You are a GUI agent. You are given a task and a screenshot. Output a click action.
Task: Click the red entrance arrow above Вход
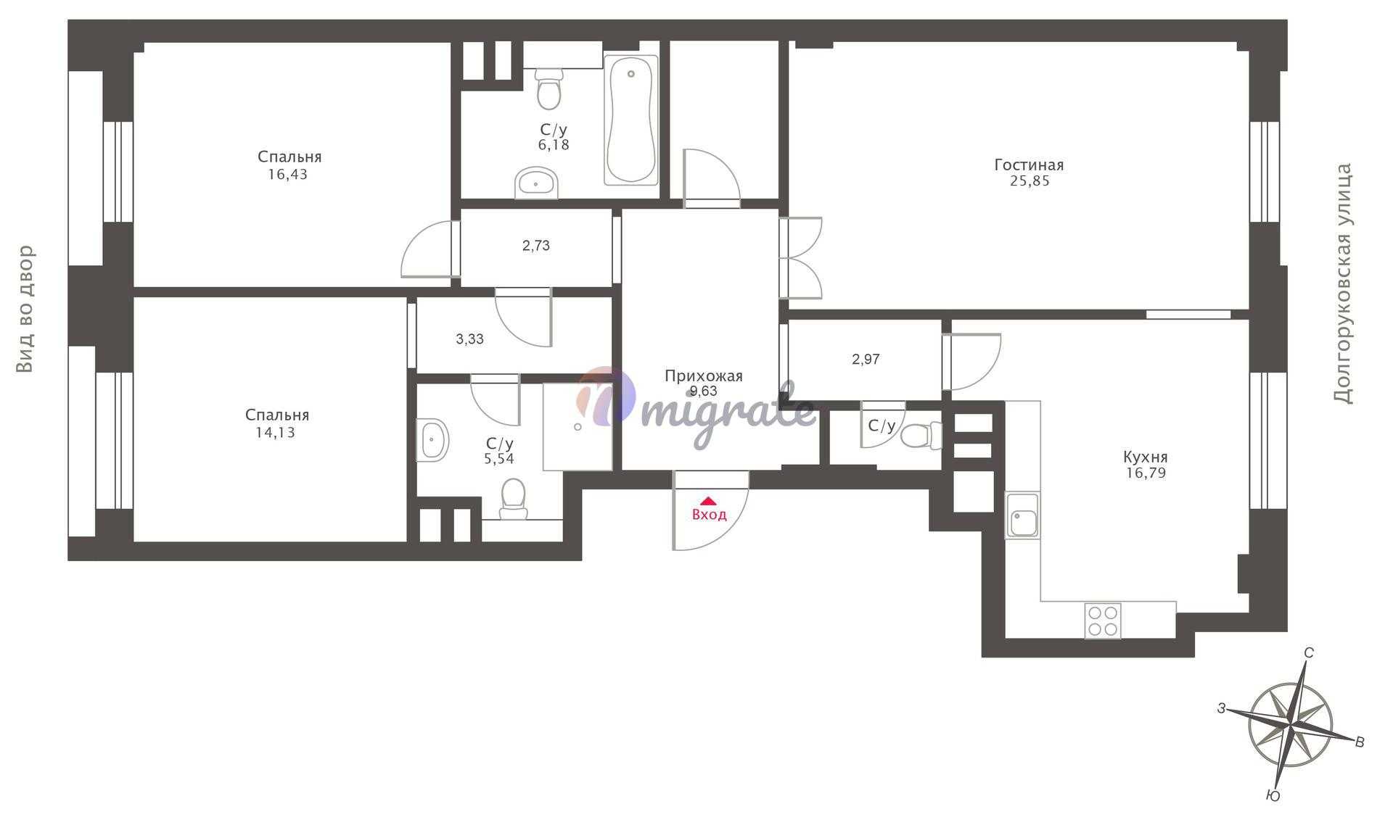[x=708, y=501]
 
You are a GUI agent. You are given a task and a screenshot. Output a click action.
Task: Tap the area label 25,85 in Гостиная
[x=1030, y=181]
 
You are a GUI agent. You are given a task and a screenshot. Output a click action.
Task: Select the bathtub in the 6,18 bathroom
[x=631, y=120]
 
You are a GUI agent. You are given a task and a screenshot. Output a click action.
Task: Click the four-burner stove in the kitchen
[x=1103, y=621]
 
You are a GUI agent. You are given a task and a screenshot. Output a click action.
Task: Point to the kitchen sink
[x=1022, y=515]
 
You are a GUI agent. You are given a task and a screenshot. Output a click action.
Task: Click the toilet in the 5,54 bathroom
[x=514, y=499]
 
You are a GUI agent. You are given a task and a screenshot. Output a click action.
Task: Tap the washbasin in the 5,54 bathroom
[x=432, y=440]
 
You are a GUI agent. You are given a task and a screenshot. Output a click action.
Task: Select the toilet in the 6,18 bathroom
[x=549, y=88]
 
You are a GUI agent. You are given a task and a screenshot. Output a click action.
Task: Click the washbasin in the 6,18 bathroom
[x=536, y=183]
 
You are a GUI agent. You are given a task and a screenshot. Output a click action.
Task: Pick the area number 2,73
[x=536, y=246]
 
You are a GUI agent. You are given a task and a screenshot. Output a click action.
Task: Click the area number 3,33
[x=469, y=339]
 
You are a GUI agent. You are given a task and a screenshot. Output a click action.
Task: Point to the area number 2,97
[x=866, y=360]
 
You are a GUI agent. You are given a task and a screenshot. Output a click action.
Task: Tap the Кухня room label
[x=1146, y=457]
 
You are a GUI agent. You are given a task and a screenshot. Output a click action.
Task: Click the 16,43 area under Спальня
[x=287, y=175]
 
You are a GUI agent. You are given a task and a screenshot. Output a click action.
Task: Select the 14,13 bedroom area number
[x=275, y=433]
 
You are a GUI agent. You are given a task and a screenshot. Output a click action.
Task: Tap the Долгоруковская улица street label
[x=1343, y=283]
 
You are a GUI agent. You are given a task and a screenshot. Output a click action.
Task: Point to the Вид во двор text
[x=26, y=310]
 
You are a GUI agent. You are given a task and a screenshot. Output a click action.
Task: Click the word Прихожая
[x=704, y=376]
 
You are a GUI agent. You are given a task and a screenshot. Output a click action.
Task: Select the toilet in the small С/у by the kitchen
[x=921, y=436]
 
